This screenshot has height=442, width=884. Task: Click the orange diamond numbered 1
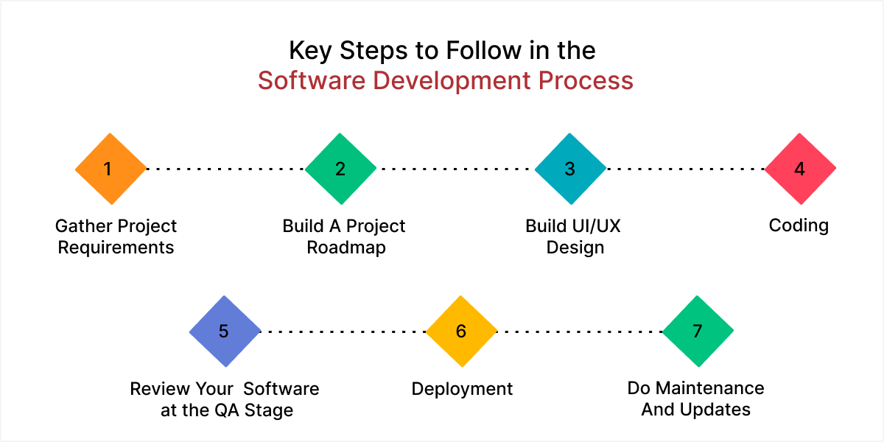pos(110,169)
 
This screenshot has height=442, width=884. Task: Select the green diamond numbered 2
pos(340,169)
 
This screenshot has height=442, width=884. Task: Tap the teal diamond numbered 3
pos(570,169)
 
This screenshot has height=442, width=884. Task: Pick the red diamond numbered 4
pos(800,169)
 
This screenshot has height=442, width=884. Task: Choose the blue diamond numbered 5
pos(225,331)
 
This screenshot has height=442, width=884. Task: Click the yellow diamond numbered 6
pos(462,331)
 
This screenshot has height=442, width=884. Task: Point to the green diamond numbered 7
pos(698,331)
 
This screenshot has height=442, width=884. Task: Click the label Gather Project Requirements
pos(116,236)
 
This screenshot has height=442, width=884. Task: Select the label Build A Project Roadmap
pos(344,236)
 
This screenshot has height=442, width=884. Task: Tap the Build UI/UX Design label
pos(574,236)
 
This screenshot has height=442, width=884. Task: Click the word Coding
pos(799,225)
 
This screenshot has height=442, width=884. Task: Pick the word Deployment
pos(462,389)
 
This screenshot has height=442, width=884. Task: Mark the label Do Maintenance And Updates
pos(696,399)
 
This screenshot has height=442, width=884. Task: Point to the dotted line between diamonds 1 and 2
pos(225,169)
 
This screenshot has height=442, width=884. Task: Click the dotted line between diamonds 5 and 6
pos(343,331)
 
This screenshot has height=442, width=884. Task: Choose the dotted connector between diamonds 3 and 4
pos(685,169)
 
